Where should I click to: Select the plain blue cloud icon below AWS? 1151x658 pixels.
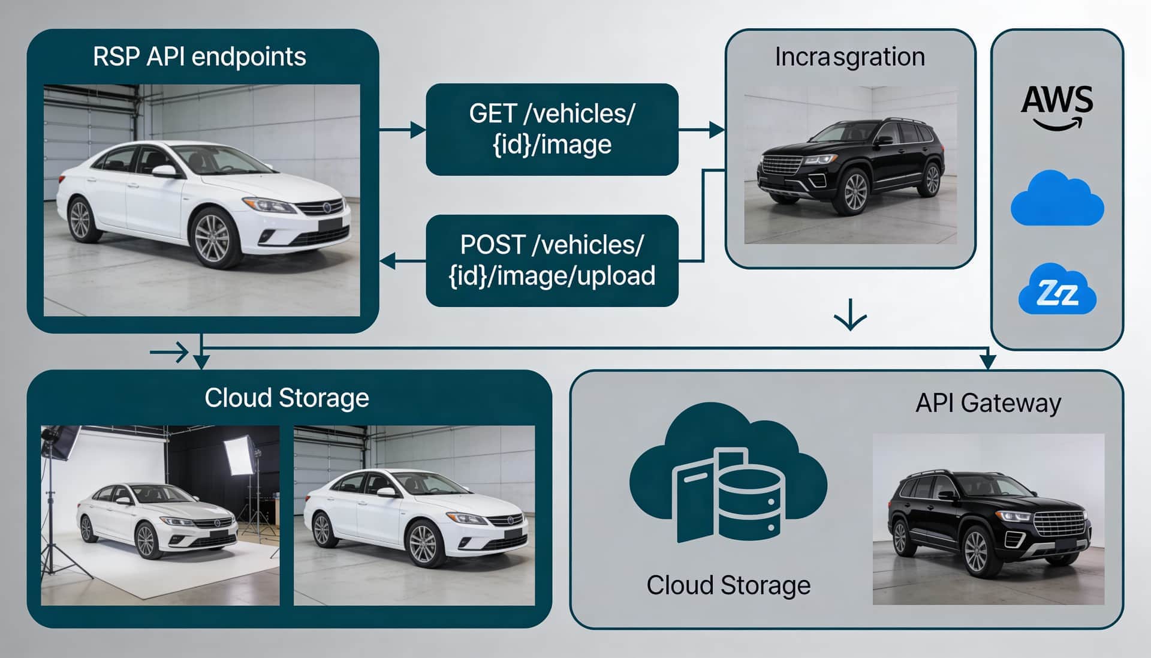coord(1057,199)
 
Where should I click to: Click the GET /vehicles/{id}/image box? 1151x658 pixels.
coord(552,129)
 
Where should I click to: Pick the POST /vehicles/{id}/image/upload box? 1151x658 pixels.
coord(552,260)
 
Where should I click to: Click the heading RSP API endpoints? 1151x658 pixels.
coord(200,57)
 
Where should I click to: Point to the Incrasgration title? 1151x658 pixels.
coord(849,57)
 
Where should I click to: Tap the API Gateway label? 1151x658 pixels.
coord(988,402)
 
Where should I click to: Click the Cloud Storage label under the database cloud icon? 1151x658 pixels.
coord(728,585)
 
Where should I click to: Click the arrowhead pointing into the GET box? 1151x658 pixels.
coord(418,129)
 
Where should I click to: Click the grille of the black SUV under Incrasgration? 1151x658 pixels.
coord(781,166)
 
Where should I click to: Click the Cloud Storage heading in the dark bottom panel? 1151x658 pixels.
coord(287,398)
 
